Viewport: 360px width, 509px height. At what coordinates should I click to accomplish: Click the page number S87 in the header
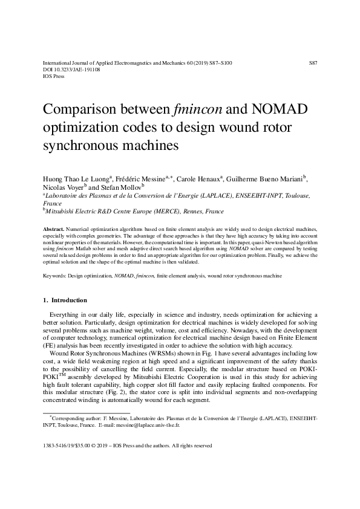[x=313, y=62]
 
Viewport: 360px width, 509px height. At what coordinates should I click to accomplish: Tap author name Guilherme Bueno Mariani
[x=264, y=180]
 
